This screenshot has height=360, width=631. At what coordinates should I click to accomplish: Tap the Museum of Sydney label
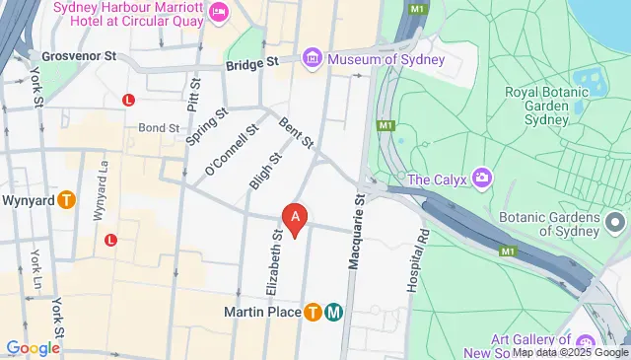click(386, 59)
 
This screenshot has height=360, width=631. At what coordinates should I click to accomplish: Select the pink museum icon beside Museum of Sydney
click(313, 59)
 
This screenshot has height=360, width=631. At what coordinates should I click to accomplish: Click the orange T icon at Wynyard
click(66, 198)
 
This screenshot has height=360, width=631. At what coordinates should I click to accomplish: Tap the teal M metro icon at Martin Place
click(334, 313)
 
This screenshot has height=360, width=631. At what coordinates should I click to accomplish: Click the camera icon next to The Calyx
click(482, 179)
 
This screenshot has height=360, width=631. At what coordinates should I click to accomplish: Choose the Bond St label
click(158, 127)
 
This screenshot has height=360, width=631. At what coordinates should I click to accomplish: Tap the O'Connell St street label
click(231, 151)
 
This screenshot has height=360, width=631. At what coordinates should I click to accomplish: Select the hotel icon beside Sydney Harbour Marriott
click(218, 12)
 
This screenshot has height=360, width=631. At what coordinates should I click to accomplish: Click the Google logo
click(33, 347)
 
